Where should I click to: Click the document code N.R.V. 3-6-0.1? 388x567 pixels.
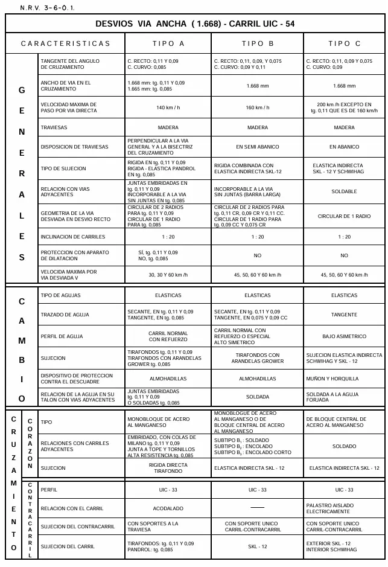coord(48,8)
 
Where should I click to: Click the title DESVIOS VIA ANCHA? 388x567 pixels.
coord(194,24)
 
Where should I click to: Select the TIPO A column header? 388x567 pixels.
coord(168,43)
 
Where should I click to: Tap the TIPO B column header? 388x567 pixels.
coord(258,43)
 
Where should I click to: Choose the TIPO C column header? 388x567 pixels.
coord(344,43)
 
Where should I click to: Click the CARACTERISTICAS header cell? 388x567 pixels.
coord(66,43)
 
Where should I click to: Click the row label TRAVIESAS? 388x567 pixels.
coord(55,128)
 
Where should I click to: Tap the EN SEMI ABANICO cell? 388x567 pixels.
coord(258,147)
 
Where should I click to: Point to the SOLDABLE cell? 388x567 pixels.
coord(344,191)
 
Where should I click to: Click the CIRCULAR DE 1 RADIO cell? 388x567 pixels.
coord(344,216)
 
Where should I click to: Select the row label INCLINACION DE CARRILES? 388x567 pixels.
coord(72,237)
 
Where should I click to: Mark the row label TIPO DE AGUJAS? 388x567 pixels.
coord(60,295)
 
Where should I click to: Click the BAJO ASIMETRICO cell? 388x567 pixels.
coord(344,336)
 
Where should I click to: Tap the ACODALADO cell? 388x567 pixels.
coord(168,508)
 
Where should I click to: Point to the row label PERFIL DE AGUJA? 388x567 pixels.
coord(62,336)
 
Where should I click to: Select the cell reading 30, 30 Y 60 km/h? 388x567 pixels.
coord(168,275)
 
